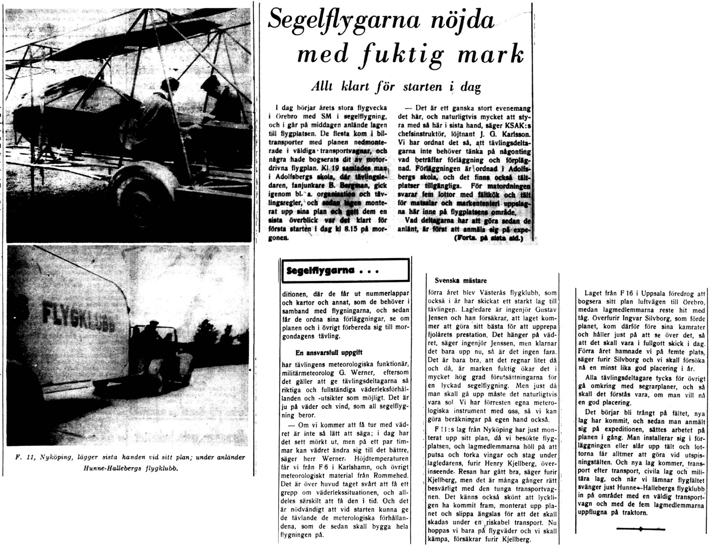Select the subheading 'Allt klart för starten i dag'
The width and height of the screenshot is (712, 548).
pos(395,87)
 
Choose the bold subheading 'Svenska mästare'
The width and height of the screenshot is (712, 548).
pos(457,280)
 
